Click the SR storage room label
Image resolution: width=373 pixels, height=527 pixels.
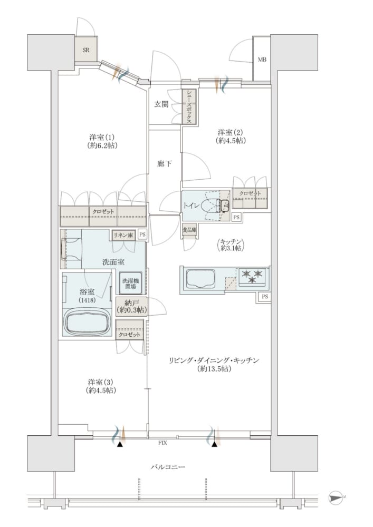[86, 50]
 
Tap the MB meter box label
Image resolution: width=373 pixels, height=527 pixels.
[262, 60]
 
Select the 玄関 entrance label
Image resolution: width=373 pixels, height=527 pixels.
[161, 104]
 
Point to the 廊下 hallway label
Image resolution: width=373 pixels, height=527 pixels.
[165, 164]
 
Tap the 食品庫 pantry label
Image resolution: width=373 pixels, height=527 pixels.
[189, 230]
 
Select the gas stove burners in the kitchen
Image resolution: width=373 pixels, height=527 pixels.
[252, 277]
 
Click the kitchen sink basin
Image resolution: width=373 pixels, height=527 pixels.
[201, 279]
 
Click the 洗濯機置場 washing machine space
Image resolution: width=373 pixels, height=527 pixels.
[130, 283]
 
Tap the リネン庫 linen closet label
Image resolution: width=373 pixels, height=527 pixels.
[124, 235]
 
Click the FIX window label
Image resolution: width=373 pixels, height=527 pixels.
[162, 443]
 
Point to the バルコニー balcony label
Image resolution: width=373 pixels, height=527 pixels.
[168, 467]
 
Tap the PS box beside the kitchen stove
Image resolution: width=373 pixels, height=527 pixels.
[265, 296]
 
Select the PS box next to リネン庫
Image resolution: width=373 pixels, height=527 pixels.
[142, 235]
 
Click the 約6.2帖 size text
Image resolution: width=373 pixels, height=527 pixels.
[101, 145]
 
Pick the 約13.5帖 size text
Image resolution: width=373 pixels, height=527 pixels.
[214, 369]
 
